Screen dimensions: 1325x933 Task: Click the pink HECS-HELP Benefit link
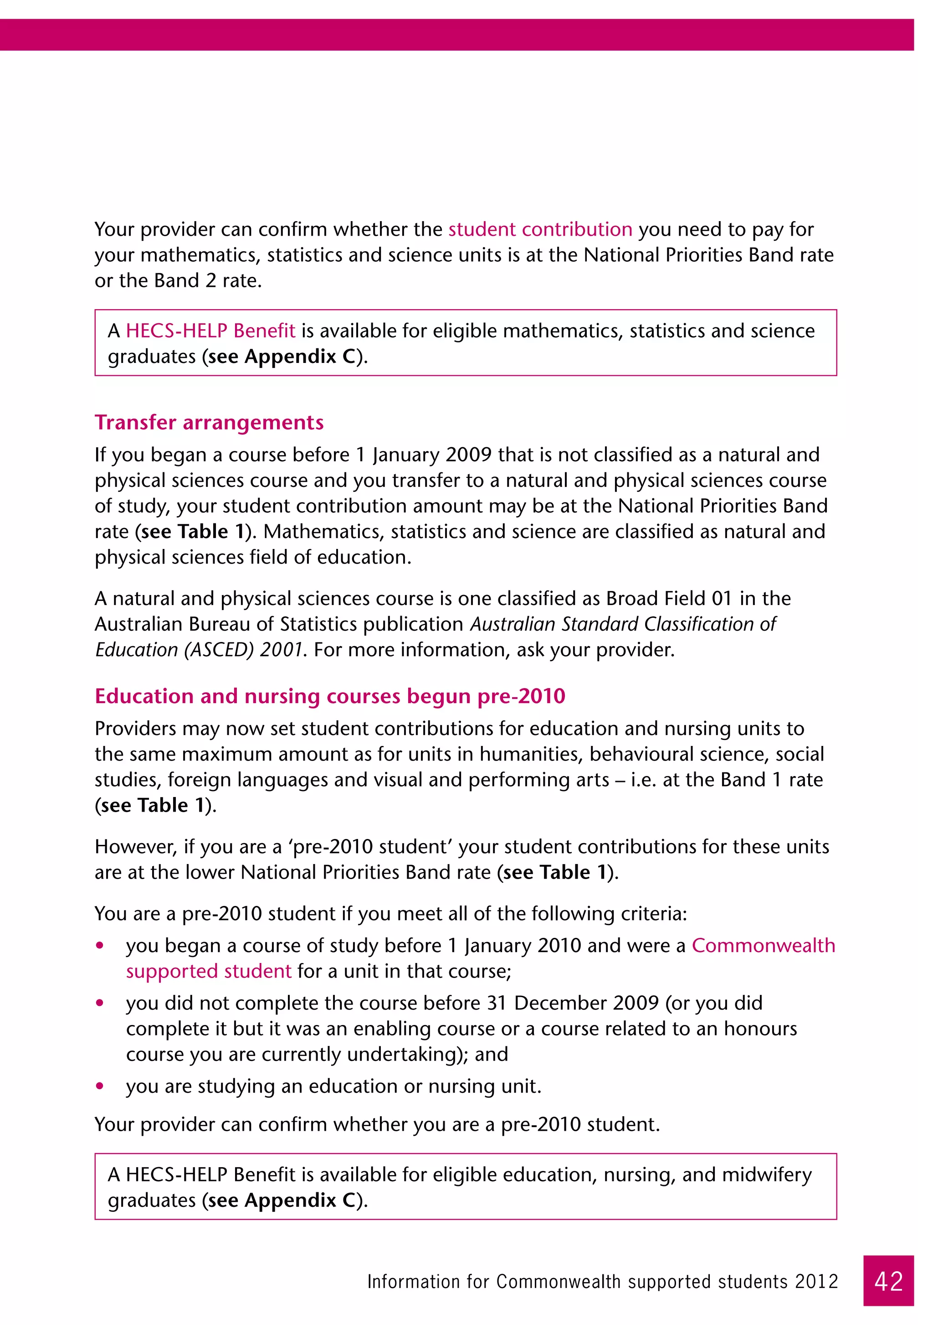click(x=210, y=331)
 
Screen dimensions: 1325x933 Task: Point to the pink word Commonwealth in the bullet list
click(x=763, y=945)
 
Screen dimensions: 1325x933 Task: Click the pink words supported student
click(x=209, y=971)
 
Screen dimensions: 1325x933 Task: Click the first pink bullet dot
click(x=100, y=946)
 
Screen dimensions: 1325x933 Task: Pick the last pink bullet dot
click(x=100, y=1086)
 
